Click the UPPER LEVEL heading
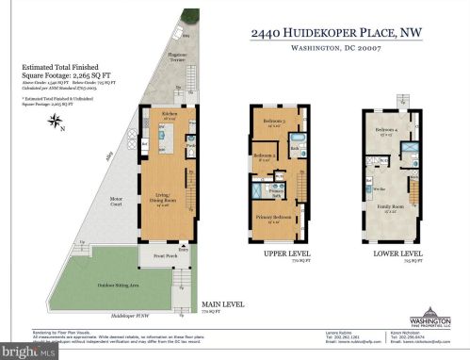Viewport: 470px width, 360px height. [280, 254]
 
